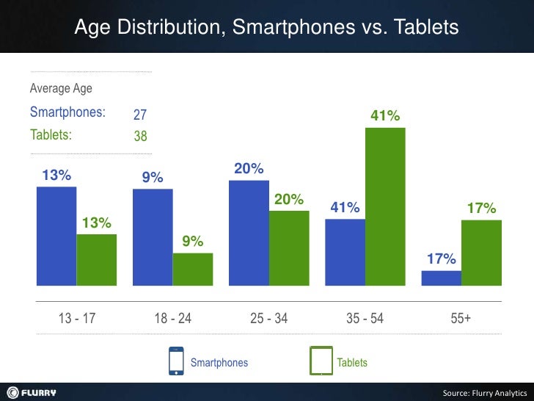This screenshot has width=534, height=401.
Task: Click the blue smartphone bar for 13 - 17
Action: [56, 235]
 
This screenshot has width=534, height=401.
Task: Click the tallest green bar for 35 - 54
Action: [385, 206]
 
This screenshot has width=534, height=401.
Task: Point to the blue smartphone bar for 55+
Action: [441, 277]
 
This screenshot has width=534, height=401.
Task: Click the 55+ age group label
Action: [461, 319]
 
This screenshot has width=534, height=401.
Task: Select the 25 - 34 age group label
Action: [268, 319]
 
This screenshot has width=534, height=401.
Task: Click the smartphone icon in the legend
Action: [176, 361]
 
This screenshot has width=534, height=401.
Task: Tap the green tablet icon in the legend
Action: [321, 361]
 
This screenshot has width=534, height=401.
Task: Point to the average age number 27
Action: [140, 115]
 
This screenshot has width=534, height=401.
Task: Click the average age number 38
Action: [140, 136]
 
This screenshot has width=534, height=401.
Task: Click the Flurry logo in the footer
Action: [32, 392]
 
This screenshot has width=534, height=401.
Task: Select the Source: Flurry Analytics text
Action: [485, 393]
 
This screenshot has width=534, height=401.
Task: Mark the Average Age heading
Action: [61, 90]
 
